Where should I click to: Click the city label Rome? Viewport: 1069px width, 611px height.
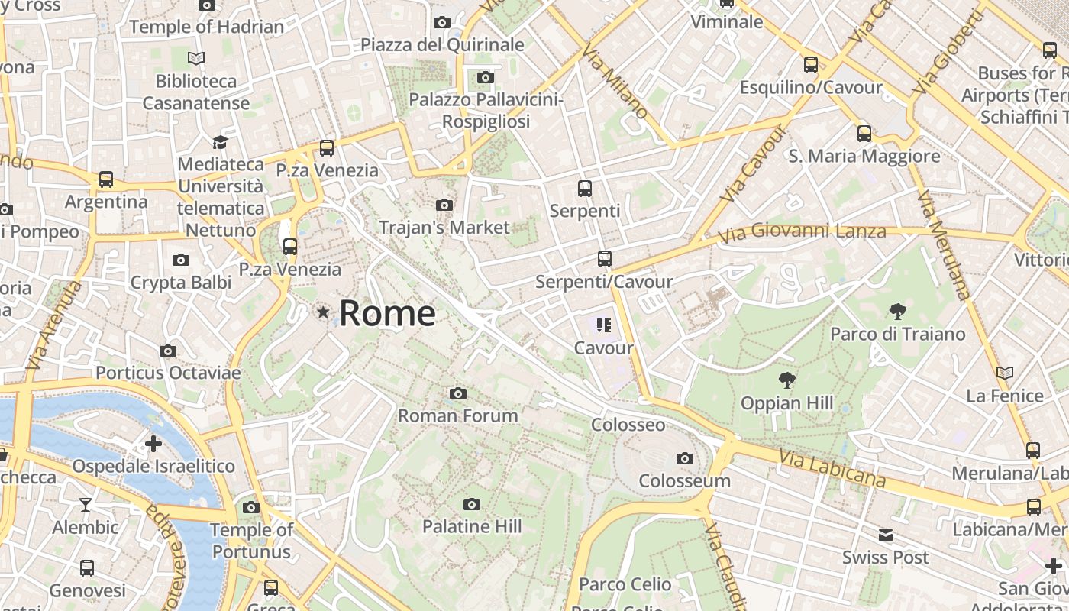[387, 313]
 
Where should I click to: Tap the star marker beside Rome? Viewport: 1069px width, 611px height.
[324, 312]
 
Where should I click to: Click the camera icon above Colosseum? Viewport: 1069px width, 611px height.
[685, 458]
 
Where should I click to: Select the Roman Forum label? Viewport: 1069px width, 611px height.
[458, 415]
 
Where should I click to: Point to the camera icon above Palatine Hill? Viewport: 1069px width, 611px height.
[472, 504]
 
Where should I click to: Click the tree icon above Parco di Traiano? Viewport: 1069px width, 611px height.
[898, 311]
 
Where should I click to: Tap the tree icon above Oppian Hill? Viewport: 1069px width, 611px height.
[786, 380]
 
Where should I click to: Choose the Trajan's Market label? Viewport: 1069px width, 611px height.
[444, 227]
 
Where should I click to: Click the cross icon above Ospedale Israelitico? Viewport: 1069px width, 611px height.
[153, 443]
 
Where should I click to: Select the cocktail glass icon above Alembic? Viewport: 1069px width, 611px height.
[86, 504]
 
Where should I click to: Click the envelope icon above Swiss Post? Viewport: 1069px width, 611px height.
[886, 535]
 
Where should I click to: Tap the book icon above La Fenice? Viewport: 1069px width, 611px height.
[1005, 373]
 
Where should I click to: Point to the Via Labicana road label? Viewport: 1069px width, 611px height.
[832, 468]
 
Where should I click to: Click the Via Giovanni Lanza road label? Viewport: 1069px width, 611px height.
[802, 231]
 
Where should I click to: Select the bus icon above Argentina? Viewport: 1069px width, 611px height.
[106, 179]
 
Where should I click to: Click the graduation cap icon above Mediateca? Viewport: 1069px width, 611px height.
[220, 142]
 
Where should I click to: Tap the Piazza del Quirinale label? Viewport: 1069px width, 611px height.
[442, 44]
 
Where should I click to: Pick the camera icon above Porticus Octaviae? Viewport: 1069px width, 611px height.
[168, 351]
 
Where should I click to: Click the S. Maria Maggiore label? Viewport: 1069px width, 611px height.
[864, 157]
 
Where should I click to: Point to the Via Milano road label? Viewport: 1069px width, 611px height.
[615, 82]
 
